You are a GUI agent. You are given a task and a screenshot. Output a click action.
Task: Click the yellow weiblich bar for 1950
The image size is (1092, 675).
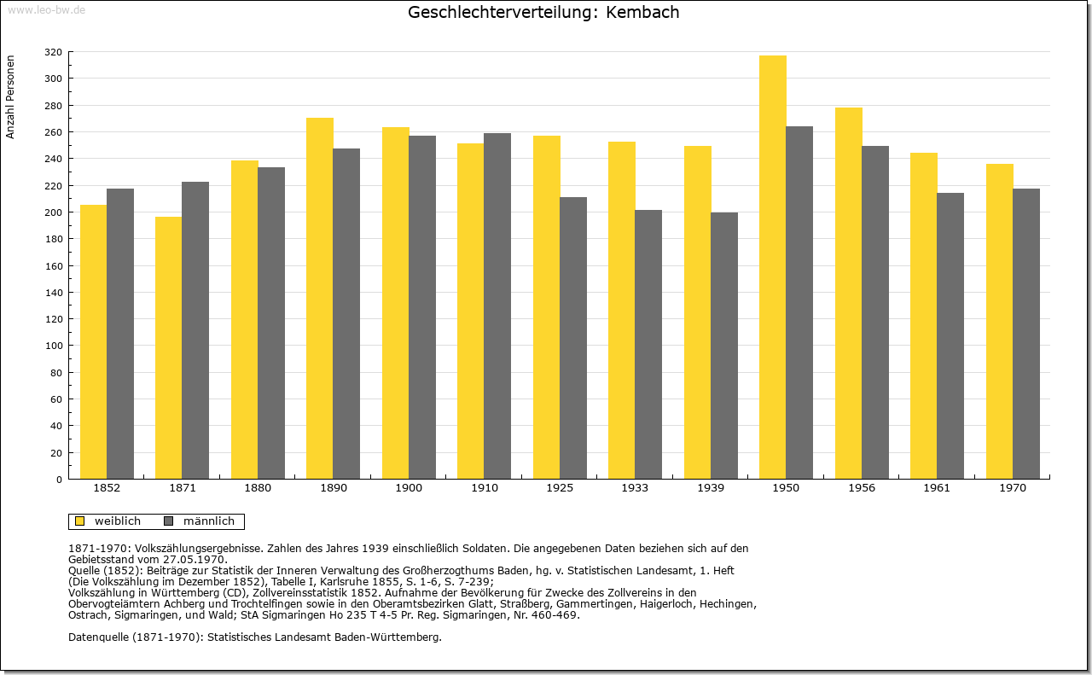tap(773, 267)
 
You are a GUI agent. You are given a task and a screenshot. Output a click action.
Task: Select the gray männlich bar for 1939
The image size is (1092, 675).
tap(724, 346)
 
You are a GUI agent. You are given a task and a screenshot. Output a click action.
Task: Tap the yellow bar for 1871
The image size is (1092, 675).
tap(169, 348)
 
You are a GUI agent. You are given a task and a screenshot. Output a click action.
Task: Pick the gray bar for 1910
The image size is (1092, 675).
tap(497, 306)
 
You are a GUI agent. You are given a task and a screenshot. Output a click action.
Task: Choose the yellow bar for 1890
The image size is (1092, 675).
tap(320, 299)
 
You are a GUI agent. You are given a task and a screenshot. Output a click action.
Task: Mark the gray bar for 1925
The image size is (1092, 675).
tap(573, 338)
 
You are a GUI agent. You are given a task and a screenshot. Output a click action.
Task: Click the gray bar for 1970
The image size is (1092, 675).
tap(1026, 334)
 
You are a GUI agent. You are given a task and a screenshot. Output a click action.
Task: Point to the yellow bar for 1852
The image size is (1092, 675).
tap(94, 342)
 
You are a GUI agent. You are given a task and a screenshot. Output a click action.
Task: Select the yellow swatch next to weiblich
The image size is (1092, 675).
tap(80, 521)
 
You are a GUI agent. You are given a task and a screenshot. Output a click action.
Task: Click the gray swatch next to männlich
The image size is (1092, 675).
tap(169, 521)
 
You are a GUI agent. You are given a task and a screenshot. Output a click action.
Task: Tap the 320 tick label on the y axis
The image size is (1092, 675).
tap(53, 52)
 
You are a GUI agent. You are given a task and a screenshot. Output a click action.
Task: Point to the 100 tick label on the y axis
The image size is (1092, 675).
tap(53, 346)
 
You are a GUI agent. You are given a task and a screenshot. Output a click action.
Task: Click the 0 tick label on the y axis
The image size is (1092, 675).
tap(59, 480)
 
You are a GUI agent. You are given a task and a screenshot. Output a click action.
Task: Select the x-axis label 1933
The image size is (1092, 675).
tap(635, 488)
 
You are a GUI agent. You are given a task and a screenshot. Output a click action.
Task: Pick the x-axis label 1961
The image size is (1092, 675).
tap(937, 488)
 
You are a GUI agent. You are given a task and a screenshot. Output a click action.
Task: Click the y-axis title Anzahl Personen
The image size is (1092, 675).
tap(10, 97)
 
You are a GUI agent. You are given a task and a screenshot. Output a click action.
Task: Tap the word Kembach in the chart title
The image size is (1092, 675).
tap(642, 12)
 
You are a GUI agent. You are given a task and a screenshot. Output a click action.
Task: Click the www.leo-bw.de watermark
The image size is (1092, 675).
tap(46, 9)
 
